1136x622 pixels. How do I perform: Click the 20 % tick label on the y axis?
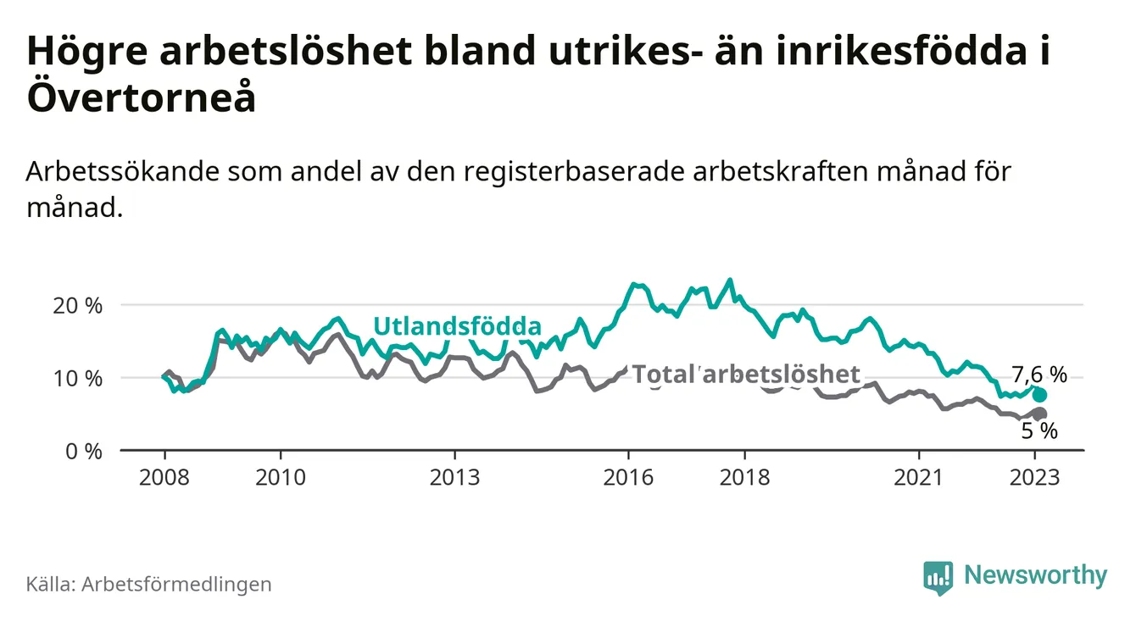(x=77, y=305)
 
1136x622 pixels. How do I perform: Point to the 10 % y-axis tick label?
(x=77, y=378)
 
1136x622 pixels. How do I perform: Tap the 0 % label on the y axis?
(x=82, y=451)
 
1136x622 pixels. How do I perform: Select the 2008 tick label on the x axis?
(x=164, y=477)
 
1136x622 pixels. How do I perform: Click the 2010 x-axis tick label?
(x=280, y=477)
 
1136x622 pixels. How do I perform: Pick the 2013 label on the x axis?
(x=454, y=477)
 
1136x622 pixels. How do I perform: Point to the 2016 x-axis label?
(x=628, y=477)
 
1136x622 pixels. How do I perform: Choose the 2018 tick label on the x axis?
(x=744, y=477)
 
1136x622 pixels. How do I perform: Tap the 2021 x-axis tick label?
(x=919, y=477)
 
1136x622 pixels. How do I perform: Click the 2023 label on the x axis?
(x=1035, y=477)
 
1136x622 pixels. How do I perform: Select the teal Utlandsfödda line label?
(x=457, y=326)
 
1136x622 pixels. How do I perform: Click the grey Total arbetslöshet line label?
(x=746, y=374)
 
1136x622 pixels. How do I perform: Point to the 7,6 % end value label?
(x=1039, y=375)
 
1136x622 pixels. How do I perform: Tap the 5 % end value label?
(x=1039, y=430)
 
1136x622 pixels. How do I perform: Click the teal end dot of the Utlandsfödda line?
(x=1039, y=395)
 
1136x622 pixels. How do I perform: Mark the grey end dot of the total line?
(x=1040, y=413)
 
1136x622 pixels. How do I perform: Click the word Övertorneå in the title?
(x=141, y=99)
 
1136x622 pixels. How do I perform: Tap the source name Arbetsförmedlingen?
(x=176, y=584)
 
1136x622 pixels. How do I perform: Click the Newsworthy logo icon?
(x=938, y=577)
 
